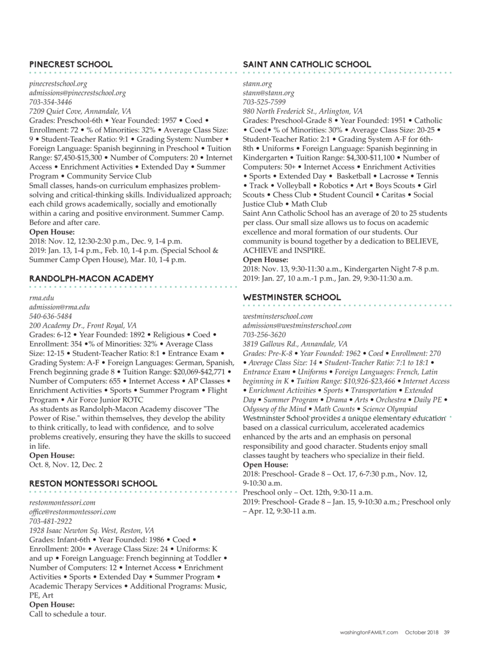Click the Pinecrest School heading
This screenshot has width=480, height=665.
(71, 65)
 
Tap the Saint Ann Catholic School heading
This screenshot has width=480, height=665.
(307, 65)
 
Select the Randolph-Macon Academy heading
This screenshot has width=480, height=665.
(91, 279)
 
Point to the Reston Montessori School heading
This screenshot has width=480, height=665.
(93, 483)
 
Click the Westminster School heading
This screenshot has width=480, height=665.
(292, 297)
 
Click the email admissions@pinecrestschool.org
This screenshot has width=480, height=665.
(77, 93)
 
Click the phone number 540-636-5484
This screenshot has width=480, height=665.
(51, 316)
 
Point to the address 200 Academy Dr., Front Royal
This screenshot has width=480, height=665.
(83, 326)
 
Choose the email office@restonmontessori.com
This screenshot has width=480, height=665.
(73, 512)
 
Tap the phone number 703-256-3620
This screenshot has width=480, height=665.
(264, 334)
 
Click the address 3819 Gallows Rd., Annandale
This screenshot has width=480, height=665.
(295, 344)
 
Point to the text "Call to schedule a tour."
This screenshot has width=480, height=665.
(68, 614)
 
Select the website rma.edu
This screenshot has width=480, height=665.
(42, 298)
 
